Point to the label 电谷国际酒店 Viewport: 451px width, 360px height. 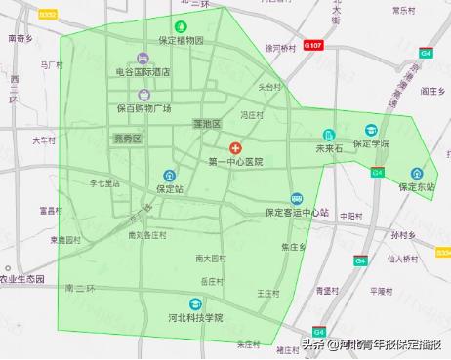pyautogui.click(x=143, y=72)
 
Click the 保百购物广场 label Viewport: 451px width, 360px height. pyautogui.click(x=143, y=108)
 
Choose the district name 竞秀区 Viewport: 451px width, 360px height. pyautogui.click(x=127, y=139)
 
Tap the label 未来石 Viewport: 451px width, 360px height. pyautogui.click(x=328, y=149)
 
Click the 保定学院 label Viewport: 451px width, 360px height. pyautogui.click(x=372, y=143)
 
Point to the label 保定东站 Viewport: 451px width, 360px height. pyautogui.click(x=418, y=186)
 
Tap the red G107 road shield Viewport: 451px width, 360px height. pyautogui.click(x=312, y=46)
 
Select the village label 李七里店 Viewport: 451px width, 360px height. pyautogui.click(x=104, y=182)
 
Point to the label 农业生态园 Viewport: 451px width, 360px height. pyautogui.click(x=22, y=278)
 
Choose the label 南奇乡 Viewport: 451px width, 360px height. pyautogui.click(x=20, y=39)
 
